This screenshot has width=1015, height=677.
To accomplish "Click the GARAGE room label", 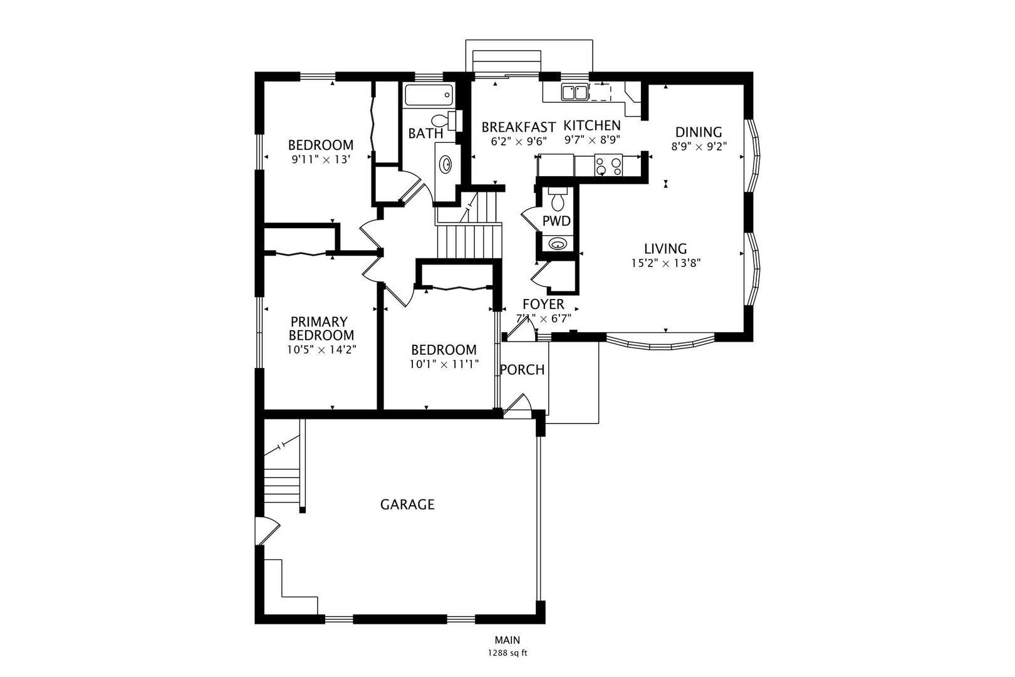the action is tap(407, 504).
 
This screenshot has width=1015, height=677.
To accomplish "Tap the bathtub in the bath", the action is tap(429, 95).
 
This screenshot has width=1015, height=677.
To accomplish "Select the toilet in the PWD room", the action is tap(557, 199).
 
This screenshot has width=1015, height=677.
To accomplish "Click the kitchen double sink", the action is tap(575, 92).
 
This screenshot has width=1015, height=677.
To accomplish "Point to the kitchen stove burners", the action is tap(608, 165).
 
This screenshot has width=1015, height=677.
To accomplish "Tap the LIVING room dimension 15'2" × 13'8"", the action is tap(665, 263).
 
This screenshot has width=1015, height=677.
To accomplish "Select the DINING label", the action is tap(698, 132).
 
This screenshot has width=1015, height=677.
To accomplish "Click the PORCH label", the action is tap(522, 370).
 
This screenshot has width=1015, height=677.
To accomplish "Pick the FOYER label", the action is tap(543, 304).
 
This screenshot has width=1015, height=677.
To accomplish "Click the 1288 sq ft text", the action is tap(507, 653).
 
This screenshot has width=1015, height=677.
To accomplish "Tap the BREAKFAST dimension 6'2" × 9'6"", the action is tap(519, 141).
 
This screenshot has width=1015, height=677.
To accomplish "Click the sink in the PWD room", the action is tap(557, 244).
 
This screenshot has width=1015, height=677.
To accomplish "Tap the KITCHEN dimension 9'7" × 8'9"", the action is tap(592, 140).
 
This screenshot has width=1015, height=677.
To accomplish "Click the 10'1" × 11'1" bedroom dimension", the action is tap(444, 364).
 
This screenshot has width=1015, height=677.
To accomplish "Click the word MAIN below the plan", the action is tap(507, 640).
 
